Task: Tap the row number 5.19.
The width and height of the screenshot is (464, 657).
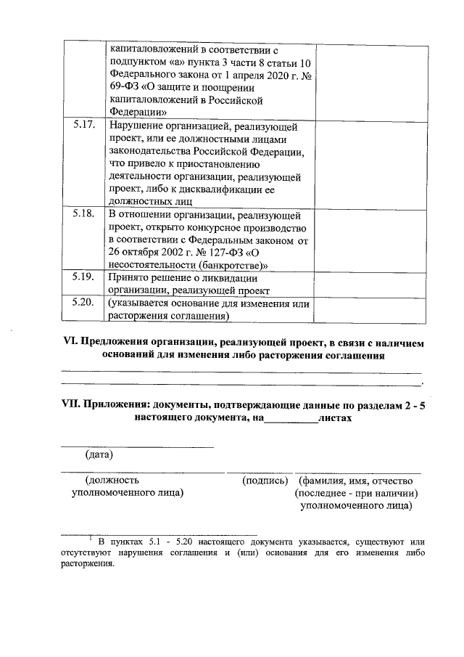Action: [84, 277]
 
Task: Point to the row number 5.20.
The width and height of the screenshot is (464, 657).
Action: [84, 303]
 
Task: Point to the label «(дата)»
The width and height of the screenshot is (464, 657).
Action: [99, 455]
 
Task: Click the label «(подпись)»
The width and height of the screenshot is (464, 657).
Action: [265, 480]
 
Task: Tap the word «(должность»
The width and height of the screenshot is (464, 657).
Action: [112, 480]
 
